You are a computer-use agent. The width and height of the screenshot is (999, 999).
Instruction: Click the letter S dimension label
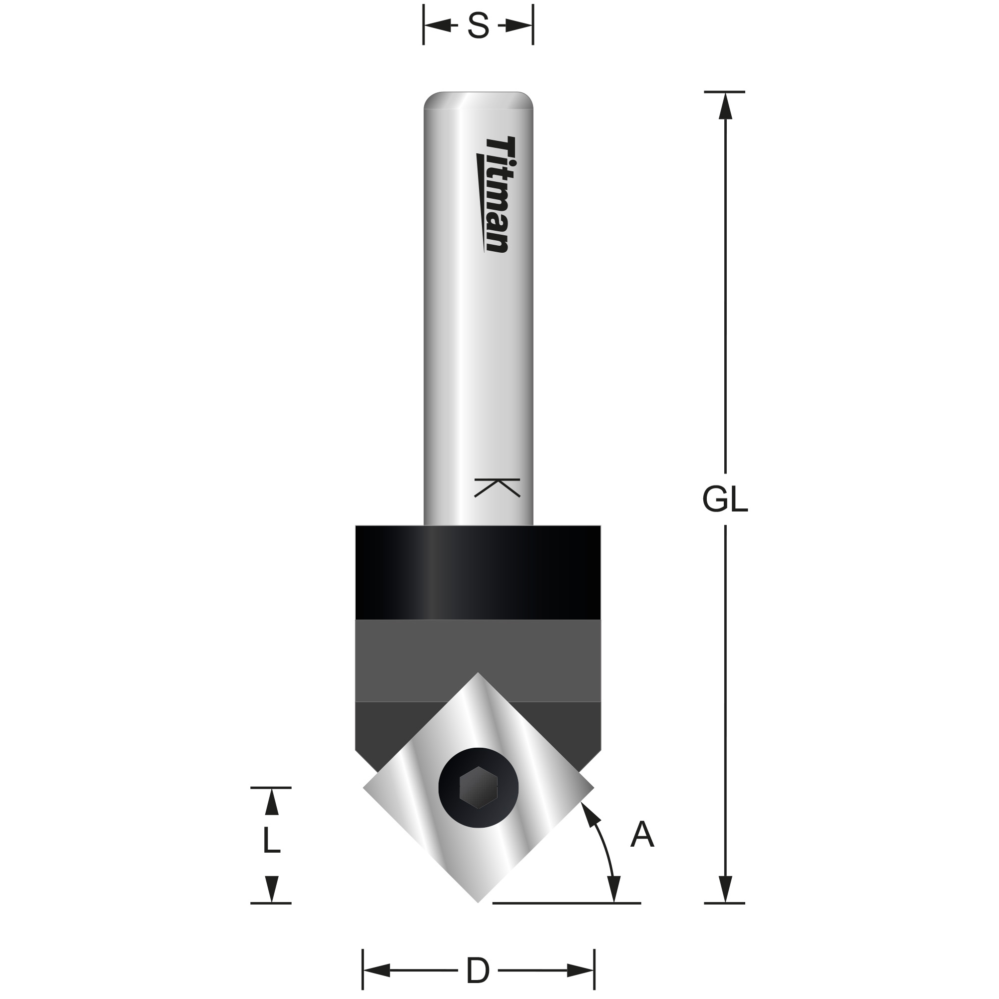(478, 25)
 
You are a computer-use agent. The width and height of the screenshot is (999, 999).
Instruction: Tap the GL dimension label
(725, 500)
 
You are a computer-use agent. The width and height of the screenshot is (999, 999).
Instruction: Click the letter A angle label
(642, 835)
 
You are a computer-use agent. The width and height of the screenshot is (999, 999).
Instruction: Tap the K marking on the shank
(497, 488)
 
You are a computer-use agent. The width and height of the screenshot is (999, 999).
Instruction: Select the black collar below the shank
(478, 572)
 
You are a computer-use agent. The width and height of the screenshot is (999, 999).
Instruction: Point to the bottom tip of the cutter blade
(478, 903)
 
